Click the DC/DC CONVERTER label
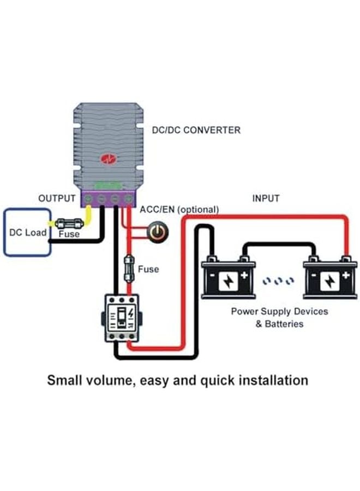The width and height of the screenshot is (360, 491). [196, 130]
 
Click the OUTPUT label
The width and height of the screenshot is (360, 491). [57, 198]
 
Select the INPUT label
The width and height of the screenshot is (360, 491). [266, 198]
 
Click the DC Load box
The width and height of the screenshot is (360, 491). [27, 232]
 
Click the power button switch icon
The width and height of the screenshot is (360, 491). [158, 232]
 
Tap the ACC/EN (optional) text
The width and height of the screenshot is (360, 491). [179, 209]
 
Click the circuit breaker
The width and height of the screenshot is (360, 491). [123, 319]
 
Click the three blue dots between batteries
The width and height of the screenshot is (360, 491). [278, 281]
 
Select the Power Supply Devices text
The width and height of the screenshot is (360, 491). [279, 312]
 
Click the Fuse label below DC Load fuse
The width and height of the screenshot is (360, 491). [69, 234]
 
